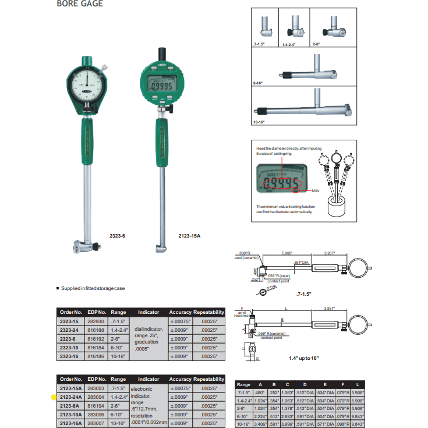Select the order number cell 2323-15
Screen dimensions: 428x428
[x=70, y=321]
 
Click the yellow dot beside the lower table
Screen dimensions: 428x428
[x=54, y=397]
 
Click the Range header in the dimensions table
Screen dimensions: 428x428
[x=244, y=385]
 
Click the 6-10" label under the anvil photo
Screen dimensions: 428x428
[x=258, y=84]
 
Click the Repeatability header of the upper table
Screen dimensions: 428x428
[x=208, y=313]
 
